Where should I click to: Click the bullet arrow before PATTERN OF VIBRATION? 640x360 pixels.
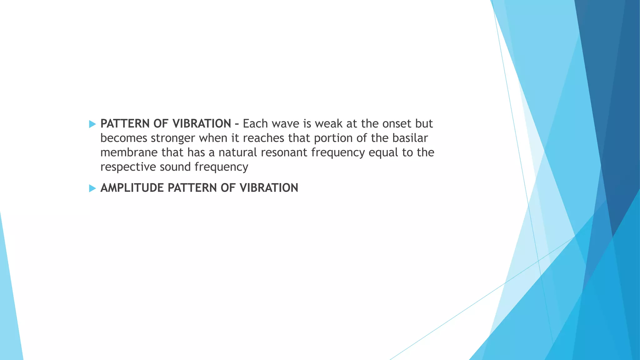tap(92, 124)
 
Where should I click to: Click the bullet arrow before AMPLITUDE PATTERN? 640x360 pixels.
tap(92, 188)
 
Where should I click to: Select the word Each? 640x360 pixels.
tap(255, 124)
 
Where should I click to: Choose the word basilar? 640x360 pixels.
tap(410, 138)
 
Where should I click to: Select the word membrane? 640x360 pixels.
tap(129, 152)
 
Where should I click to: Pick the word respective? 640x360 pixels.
tap(128, 167)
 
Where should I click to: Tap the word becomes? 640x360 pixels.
tap(124, 138)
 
